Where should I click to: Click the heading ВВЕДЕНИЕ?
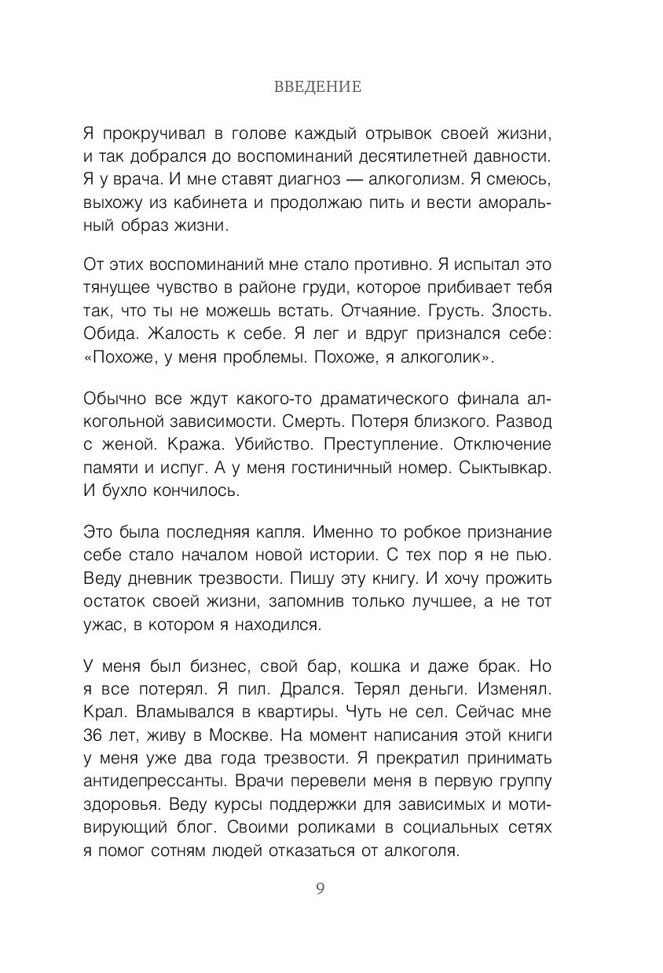pos(318,87)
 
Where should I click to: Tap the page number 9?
pos(320,889)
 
